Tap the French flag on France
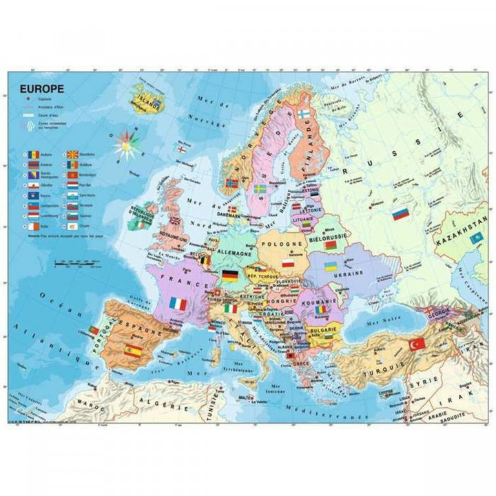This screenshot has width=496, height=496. coord(180,302)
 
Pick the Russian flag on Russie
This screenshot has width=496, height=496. coord(401,214)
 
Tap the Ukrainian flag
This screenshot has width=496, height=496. coord(331,265)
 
